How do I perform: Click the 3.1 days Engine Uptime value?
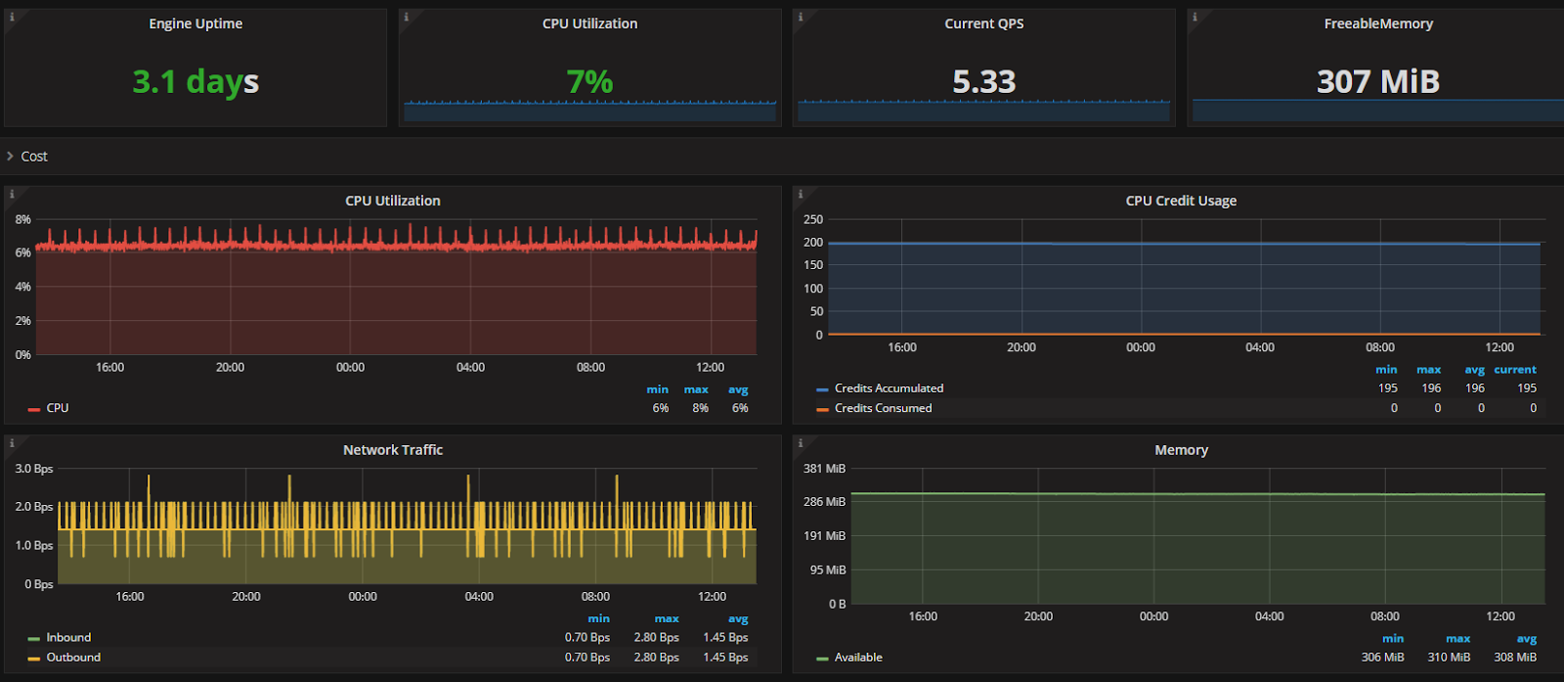click(195, 81)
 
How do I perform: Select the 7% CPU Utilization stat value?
click(589, 81)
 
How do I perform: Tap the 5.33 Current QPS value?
click(983, 81)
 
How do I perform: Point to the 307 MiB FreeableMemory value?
click(1377, 81)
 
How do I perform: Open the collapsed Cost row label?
click(34, 157)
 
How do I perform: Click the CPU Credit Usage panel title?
click(1181, 201)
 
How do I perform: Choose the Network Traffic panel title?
click(393, 450)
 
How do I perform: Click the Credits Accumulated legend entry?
click(889, 388)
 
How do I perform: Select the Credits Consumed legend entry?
click(883, 408)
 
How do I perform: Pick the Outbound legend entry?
click(73, 658)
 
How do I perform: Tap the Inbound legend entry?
click(68, 637)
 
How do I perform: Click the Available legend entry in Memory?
click(858, 658)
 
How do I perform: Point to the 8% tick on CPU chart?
click(23, 219)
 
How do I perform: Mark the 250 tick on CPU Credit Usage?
click(813, 219)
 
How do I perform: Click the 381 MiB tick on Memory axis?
click(824, 469)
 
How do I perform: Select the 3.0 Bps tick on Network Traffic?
click(34, 469)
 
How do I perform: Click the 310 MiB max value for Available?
click(1449, 658)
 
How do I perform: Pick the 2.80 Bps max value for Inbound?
click(656, 637)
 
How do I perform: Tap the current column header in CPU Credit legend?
click(1514, 370)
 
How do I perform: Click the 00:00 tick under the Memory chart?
click(1153, 616)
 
